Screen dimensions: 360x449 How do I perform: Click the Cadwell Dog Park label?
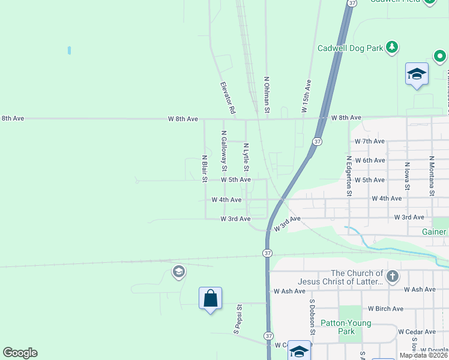[x=351, y=47]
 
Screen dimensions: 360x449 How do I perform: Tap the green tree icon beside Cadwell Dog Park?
[x=392, y=47]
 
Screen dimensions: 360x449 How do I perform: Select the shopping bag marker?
[x=211, y=299]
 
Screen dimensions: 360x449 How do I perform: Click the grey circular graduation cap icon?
[x=178, y=272]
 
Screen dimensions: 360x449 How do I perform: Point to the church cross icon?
[x=392, y=277]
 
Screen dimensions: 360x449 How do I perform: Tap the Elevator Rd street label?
[x=228, y=99]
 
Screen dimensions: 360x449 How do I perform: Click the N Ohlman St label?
[x=267, y=95]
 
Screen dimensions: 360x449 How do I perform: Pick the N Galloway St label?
[x=224, y=148]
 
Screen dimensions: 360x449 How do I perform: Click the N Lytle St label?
[x=246, y=159]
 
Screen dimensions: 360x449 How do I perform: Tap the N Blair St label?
[x=205, y=169]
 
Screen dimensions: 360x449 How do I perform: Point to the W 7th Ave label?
[x=369, y=141]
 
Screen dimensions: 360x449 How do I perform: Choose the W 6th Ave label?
[x=369, y=160]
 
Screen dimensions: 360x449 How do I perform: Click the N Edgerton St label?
[x=348, y=176]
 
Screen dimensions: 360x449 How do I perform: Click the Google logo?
[x=20, y=353]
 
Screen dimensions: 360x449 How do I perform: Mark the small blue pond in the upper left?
[x=70, y=50]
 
